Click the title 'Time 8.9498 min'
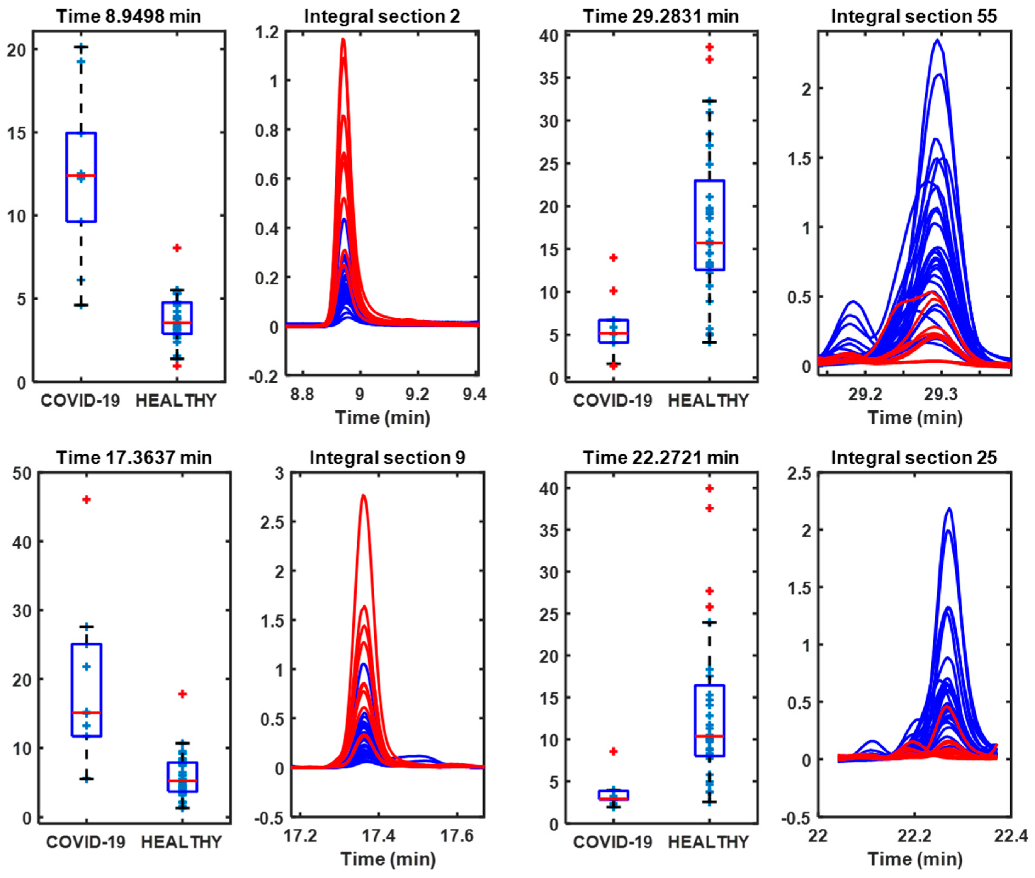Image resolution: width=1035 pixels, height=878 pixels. (128, 16)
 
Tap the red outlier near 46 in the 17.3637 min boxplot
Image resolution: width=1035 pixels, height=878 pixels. (87, 500)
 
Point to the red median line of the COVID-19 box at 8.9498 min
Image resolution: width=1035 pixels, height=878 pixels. (81, 176)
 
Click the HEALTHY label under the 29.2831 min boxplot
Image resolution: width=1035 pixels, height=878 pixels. (708, 400)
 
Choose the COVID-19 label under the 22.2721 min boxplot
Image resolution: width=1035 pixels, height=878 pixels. (613, 842)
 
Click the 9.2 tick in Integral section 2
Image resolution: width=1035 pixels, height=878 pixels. (417, 395)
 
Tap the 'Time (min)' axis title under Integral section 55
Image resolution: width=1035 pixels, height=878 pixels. (914, 417)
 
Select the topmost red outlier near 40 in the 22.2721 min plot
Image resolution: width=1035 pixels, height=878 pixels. (710, 488)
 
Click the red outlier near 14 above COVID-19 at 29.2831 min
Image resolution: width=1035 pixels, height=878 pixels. (614, 258)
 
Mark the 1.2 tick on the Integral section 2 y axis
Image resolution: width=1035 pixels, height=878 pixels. (267, 32)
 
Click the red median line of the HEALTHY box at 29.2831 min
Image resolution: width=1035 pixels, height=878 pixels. (709, 243)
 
